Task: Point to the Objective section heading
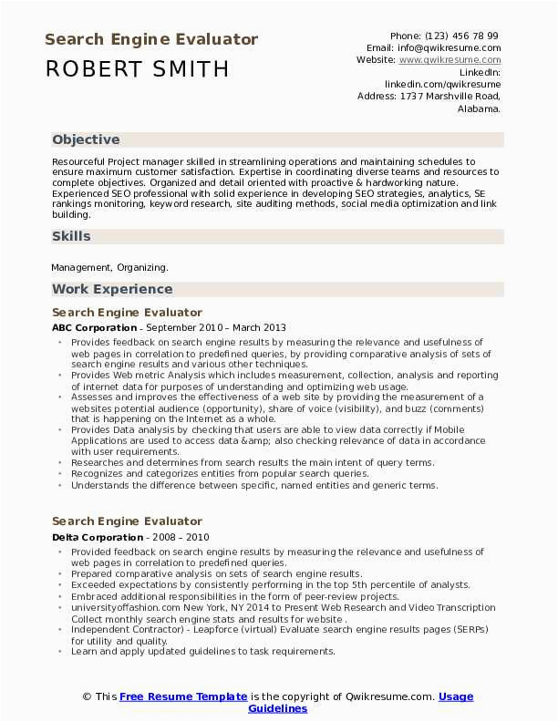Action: click(x=86, y=139)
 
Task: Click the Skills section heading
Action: click(x=71, y=236)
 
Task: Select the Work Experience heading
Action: click(x=112, y=289)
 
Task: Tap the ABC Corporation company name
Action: click(x=95, y=327)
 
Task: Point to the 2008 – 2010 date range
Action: click(x=184, y=538)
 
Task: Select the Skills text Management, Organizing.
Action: click(x=109, y=267)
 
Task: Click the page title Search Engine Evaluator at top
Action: click(x=151, y=40)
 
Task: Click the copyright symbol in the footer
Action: click(x=87, y=696)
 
